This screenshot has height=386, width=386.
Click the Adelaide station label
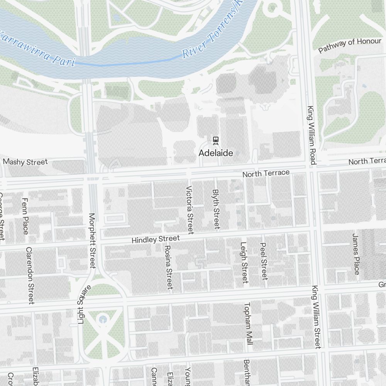pyautogui.click(x=216, y=153)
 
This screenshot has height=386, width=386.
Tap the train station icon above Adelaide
pyautogui.click(x=216, y=140)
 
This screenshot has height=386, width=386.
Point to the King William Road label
pyautogui.click(x=311, y=135)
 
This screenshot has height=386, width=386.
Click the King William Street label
pyautogui.click(x=317, y=317)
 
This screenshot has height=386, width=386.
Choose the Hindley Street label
pyautogui.click(x=156, y=240)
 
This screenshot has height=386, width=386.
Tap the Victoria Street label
pyautogui.click(x=190, y=210)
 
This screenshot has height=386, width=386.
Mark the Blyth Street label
pyautogui.click(x=216, y=209)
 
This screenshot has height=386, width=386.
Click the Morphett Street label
pyautogui.click(x=92, y=240)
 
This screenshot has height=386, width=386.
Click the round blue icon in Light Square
pyautogui.click(x=102, y=319)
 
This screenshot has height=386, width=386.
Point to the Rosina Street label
pyautogui.click(x=169, y=267)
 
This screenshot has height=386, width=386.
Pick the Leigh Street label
pyautogui.click(x=244, y=262)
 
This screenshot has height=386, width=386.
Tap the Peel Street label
pyautogui.click(x=264, y=261)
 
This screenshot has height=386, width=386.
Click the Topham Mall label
pyautogui.click(x=248, y=323)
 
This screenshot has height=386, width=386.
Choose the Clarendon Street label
pyautogui.click(x=30, y=275)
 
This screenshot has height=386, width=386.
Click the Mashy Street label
pyautogui.click(x=25, y=162)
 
